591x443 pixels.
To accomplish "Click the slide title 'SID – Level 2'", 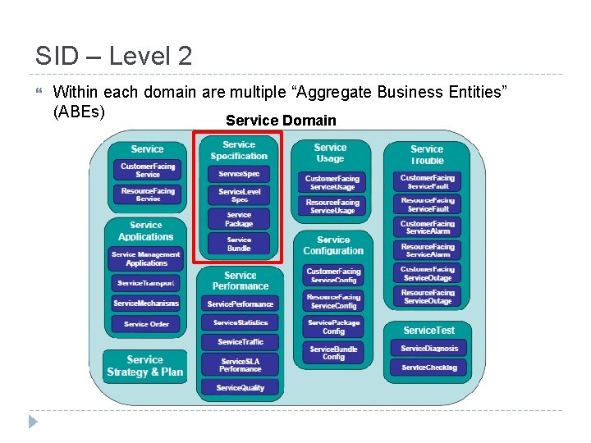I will point(113,56).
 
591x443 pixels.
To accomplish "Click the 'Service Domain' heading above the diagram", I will point(281,121).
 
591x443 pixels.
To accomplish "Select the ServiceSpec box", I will point(239,174).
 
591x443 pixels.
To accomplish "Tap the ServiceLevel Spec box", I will point(239,195).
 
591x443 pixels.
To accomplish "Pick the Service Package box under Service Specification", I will point(239,219).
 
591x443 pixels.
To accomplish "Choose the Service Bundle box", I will point(239,244).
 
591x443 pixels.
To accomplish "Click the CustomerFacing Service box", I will point(148,171).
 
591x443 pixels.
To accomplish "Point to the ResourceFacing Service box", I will point(148,194).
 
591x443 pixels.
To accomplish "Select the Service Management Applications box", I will point(147,259).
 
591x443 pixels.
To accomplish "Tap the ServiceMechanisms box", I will point(147,303).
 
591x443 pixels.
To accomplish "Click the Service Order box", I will point(147,324).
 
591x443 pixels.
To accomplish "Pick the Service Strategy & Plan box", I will point(145,366).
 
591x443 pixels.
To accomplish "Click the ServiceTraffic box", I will point(241,341).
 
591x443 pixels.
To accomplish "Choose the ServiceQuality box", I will point(241,387).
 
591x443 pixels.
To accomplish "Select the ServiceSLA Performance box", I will point(241,364).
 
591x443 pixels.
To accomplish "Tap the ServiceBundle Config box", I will point(333,353).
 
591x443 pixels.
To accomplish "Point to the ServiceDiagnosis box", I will point(428,348).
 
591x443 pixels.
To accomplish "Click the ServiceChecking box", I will point(428,368).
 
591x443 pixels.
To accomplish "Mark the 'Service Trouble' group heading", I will point(427,154).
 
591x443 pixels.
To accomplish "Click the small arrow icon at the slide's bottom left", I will point(33,422).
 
